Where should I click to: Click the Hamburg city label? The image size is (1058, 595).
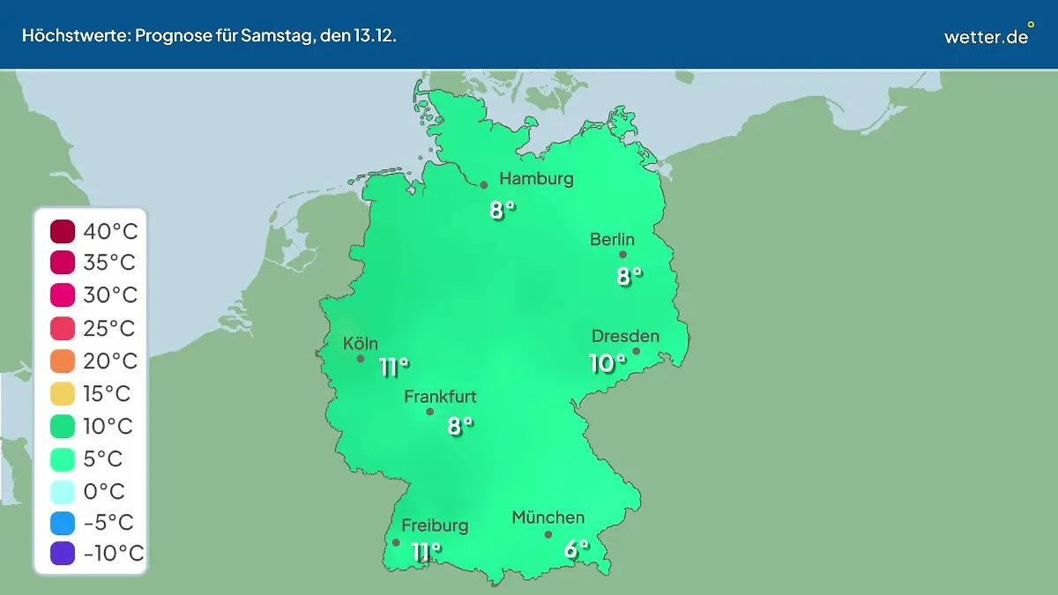point(536,179)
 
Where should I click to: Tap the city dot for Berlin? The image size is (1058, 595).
point(622,255)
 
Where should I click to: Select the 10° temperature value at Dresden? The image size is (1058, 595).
point(607,362)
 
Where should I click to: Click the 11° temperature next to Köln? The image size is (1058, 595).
point(393,367)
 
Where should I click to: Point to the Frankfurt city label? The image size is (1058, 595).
point(440,397)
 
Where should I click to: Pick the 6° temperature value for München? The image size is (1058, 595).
point(576,549)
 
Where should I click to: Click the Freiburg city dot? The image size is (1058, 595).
point(396,543)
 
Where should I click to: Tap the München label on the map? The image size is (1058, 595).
point(548,517)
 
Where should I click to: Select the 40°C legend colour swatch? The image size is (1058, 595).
point(63,232)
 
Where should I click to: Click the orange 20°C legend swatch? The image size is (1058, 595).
point(63,361)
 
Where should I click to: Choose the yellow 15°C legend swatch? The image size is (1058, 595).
point(63,394)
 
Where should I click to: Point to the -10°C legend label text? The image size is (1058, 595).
point(113,554)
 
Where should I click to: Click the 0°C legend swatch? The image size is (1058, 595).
point(63,491)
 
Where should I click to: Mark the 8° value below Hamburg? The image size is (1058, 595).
point(502,210)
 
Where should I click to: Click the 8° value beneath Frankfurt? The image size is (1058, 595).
point(459,426)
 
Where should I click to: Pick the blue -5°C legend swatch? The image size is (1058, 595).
point(63,523)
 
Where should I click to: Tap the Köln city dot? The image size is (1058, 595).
point(361,359)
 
